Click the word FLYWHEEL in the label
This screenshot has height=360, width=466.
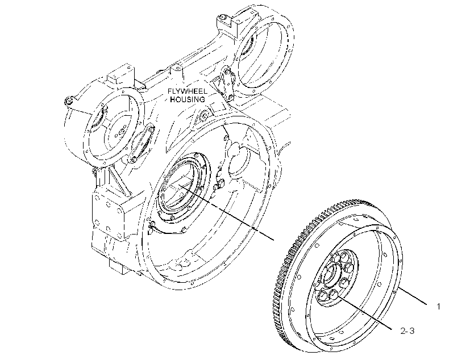coord(187,91)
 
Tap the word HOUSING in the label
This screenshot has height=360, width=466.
coord(188,99)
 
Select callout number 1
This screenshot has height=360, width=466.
coord(438,307)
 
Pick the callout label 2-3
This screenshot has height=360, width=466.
coord(407,330)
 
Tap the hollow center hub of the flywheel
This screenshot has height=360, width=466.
coord(332,274)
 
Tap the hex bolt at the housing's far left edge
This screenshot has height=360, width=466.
coord(69,101)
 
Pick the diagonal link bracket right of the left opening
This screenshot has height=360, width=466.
coord(143,144)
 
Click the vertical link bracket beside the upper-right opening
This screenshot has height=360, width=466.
coord(227,84)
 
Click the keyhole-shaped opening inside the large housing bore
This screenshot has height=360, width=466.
coord(238,160)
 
